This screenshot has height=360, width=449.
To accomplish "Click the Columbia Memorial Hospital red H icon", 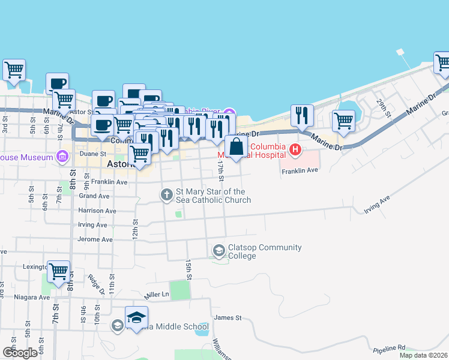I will click(x=295, y=148).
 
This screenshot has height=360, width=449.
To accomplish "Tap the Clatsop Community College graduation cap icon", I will click(x=219, y=250).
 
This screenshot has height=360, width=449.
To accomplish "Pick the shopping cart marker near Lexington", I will click(x=58, y=272).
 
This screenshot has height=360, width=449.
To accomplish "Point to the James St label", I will click(x=228, y=317).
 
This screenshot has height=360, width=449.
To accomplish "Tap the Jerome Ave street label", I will click(x=95, y=239).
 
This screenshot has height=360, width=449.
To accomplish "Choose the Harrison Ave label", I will click(x=97, y=211).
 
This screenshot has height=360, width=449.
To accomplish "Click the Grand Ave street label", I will click(x=94, y=196).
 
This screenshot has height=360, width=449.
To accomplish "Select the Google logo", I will click(x=20, y=353).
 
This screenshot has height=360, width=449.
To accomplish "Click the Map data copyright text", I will click(x=424, y=355).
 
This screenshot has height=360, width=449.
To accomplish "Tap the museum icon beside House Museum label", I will click(x=61, y=157).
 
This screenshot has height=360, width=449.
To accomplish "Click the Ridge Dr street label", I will click(x=94, y=283).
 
